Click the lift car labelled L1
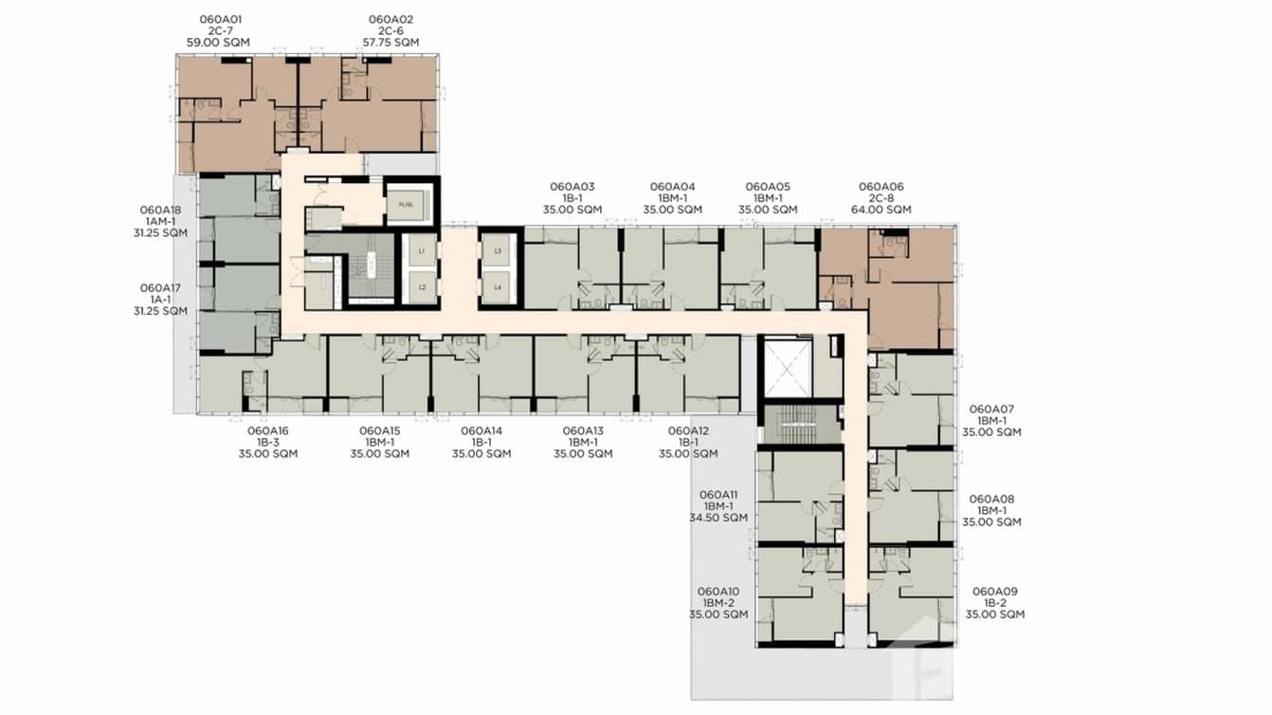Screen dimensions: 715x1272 (420, 251)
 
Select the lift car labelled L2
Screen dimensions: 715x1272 (420, 286)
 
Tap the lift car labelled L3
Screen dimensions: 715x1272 (499, 251)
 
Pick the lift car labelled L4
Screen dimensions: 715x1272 (499, 286)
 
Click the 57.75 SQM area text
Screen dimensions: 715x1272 (391, 43)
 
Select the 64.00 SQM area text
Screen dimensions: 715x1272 (881, 210)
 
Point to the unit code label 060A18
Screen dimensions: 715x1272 (160, 210)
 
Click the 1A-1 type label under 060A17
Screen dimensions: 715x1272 (160, 299)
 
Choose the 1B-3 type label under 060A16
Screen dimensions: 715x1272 (268, 442)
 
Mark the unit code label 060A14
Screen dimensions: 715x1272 (482, 431)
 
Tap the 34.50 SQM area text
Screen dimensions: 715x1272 (718, 518)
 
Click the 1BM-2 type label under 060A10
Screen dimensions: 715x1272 (718, 602)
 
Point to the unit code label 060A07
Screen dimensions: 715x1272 (991, 409)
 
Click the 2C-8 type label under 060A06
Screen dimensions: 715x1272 (881, 198)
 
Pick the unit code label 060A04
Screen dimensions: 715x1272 (672, 187)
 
